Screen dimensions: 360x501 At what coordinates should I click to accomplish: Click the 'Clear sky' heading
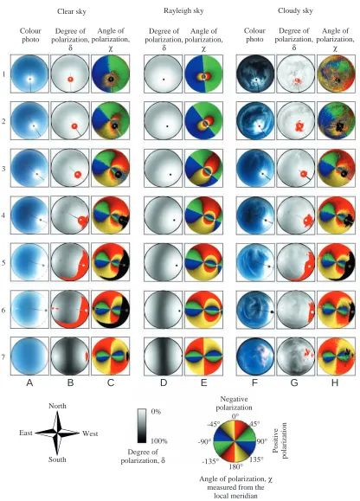[72, 11]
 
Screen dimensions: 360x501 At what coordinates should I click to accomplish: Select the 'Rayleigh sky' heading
[183, 11]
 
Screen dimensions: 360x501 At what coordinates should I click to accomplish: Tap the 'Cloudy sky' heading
[295, 11]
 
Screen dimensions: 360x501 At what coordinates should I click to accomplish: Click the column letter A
[29, 382]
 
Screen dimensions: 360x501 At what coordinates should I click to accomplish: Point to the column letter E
[203, 382]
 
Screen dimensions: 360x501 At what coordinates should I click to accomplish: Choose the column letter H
[335, 382]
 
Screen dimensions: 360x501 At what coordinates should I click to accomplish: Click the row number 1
[3, 74]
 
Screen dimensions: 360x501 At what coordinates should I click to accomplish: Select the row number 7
[3, 356]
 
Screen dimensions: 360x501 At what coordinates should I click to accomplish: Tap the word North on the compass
[57, 406]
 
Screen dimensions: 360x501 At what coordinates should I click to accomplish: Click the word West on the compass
[90, 434]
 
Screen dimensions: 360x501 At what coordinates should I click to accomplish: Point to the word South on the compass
[57, 459]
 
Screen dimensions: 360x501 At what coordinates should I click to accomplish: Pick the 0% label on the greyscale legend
[156, 412]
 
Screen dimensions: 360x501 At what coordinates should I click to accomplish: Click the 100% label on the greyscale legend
[157, 441]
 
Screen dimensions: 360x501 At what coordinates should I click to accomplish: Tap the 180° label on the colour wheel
[235, 466]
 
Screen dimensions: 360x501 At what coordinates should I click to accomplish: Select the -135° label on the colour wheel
[210, 461]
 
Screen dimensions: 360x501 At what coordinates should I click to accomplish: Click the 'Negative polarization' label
[235, 403]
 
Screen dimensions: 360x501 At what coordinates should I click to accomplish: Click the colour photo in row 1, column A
[29, 74]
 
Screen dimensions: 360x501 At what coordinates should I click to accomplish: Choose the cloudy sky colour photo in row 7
[255, 356]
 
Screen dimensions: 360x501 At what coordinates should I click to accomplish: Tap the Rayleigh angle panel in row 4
[203, 215]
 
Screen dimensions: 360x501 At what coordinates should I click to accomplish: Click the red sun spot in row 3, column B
[78, 175]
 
